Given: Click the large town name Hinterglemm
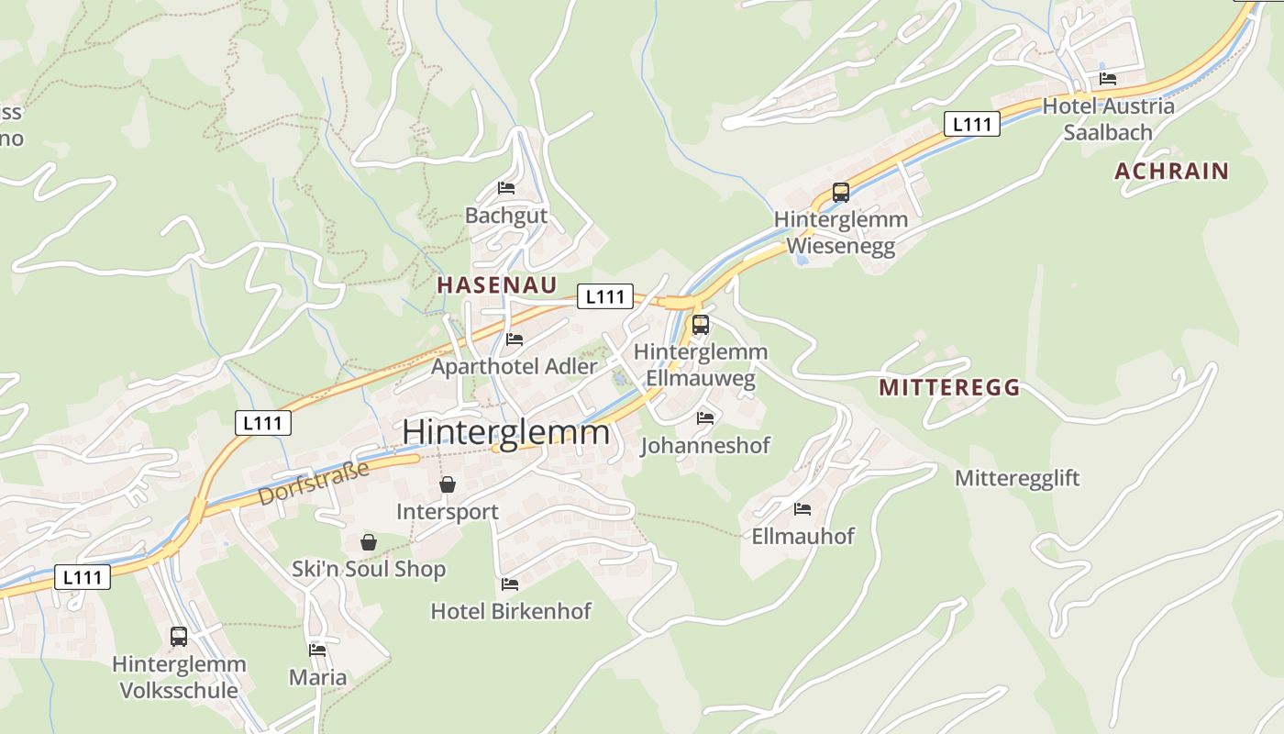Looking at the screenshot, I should coord(505,432).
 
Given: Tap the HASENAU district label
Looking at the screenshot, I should coord(496,284).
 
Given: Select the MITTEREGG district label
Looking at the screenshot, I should coord(949,387).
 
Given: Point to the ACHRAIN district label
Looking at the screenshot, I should coord(1171,171).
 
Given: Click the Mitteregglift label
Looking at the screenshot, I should coord(1017,478).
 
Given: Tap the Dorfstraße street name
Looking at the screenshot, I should coord(314,483).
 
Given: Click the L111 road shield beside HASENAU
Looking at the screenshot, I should coord(605,296).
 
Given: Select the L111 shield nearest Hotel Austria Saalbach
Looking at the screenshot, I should coord(971,124).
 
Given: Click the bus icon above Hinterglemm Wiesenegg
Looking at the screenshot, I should coord(841,193).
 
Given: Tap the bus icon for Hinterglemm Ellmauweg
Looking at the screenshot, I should coord(701,325).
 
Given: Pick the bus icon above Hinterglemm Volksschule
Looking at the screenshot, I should coord(179,636).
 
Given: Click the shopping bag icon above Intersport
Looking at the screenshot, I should coord(448,484).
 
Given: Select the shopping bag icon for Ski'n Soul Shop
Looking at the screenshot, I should coord(369,542).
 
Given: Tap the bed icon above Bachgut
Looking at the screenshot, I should coord(506,188).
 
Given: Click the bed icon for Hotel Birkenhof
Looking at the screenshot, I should coord(510,584).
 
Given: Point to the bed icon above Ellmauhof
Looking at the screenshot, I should coord(802,508).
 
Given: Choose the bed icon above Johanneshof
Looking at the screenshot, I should coord(704,417).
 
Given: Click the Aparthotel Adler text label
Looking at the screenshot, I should coord(515,366).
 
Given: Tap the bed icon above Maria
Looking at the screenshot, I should coord(317,650).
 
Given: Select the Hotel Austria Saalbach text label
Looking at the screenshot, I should coord(1108,118).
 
